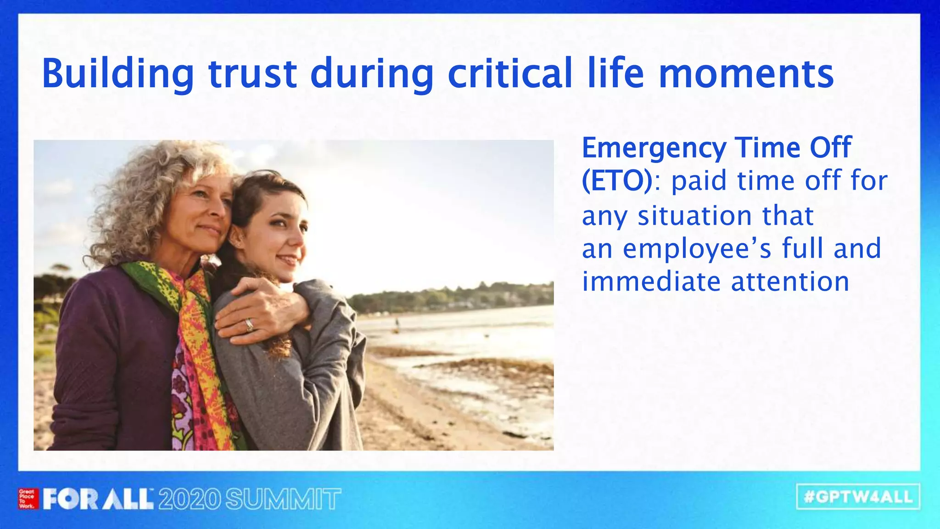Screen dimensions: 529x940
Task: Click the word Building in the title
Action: click(x=117, y=73)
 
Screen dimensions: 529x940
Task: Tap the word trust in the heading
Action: click(x=252, y=73)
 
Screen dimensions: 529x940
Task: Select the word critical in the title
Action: click(x=509, y=73)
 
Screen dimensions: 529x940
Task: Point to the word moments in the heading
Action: click(x=746, y=73)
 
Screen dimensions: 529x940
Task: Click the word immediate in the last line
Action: click(x=651, y=281)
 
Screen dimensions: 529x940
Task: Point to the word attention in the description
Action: click(x=790, y=281)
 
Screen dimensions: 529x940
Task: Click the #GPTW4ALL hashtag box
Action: click(x=858, y=497)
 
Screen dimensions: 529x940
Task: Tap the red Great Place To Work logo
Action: click(x=28, y=499)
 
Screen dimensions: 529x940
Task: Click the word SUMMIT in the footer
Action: click(x=283, y=499)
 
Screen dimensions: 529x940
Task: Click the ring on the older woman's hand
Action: click(x=249, y=325)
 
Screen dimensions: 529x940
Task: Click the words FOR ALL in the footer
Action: click(x=98, y=499)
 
